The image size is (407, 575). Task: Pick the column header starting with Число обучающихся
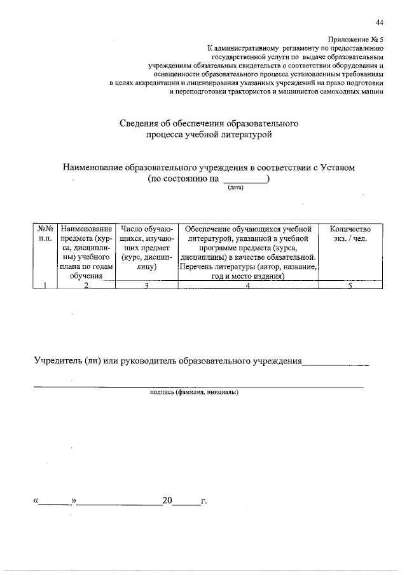click(x=146, y=247)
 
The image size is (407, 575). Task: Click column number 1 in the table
click(x=45, y=285)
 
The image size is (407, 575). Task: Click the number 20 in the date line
click(x=167, y=501)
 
